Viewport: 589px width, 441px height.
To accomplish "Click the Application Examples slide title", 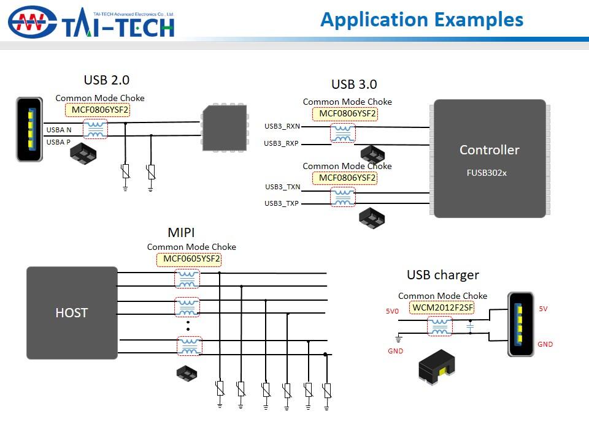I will pos(422,20).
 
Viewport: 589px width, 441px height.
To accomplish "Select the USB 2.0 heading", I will pos(106,80).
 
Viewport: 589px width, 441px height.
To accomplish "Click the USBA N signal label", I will pos(59,130).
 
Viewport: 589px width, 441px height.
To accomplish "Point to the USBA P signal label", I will pos(59,142).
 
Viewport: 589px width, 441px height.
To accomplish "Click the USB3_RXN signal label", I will pos(282,126).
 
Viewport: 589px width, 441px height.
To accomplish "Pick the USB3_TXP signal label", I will pos(282,203).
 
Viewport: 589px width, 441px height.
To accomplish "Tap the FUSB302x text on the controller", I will pos(487,173).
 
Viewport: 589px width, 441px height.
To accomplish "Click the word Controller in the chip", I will pos(489,150).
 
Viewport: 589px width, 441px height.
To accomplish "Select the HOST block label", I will pos(72,313).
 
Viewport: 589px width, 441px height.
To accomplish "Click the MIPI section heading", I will pos(182,233).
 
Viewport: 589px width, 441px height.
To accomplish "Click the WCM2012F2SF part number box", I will pos(442,307).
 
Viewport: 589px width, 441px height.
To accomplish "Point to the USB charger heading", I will pos(442,275).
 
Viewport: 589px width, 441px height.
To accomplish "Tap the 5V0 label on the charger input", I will pos(392,311).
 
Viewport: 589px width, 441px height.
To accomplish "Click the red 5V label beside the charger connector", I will pos(543,309).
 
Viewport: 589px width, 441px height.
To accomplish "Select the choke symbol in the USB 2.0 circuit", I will pos(94,129).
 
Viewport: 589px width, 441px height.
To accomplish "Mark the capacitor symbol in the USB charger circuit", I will pos(470,327).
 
